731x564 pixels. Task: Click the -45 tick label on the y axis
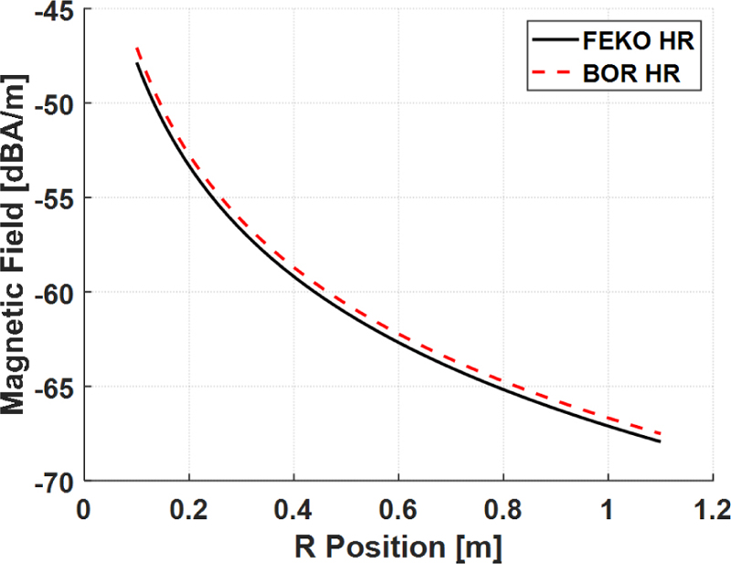[53, 10]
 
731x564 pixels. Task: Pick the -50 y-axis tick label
[53, 103]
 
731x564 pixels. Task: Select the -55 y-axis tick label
[53, 197]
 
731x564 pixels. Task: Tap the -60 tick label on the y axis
[53, 292]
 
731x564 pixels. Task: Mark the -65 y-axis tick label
[53, 386]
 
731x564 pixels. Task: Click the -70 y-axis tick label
[53, 480]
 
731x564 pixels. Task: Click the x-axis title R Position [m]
[398, 546]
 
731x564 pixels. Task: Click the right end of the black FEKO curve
[659, 442]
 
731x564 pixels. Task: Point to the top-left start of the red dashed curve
[136, 48]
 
